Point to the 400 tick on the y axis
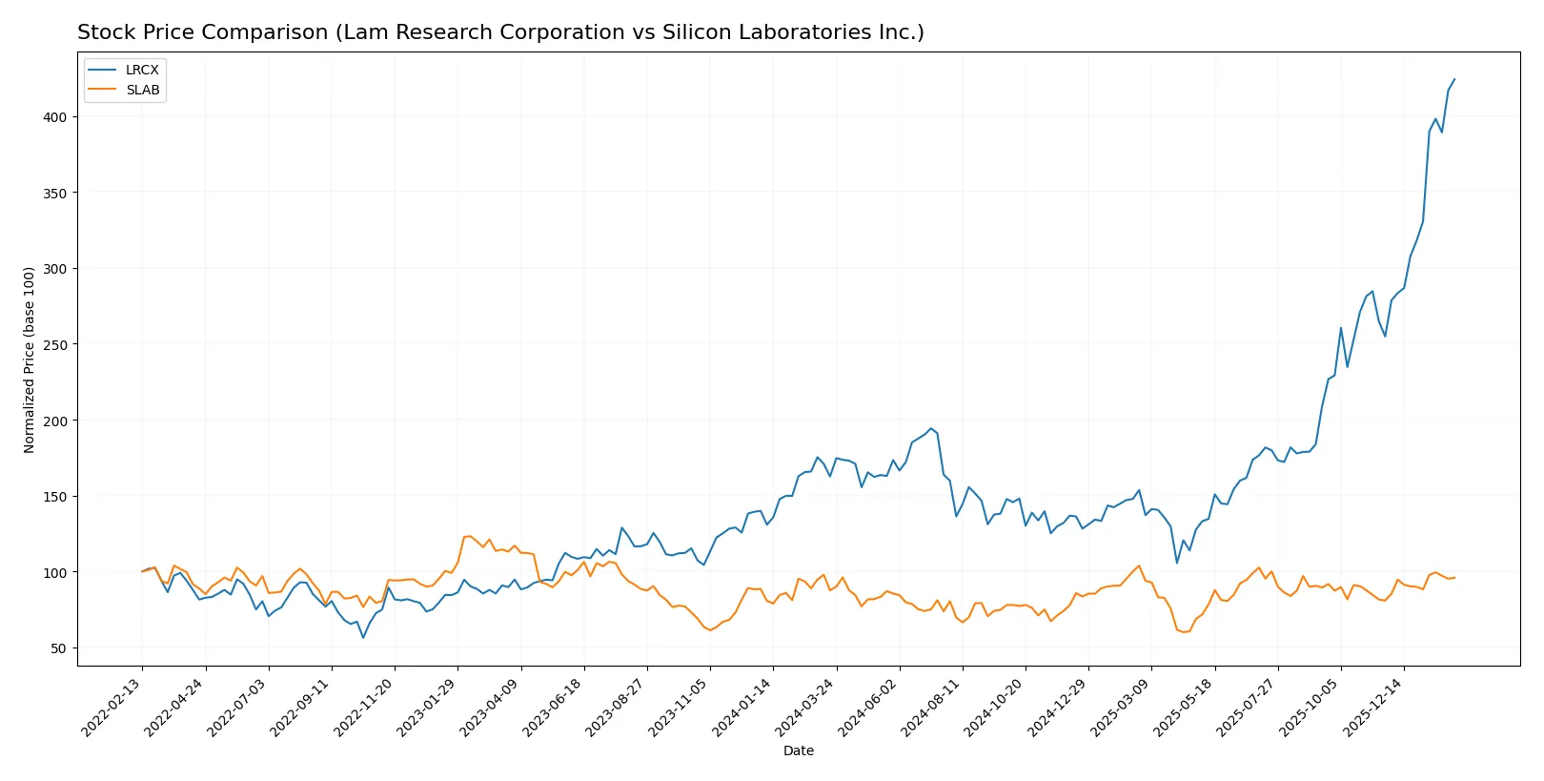pyautogui.click(x=54, y=117)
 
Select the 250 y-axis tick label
pyautogui.click(x=54, y=345)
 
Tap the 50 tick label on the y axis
pyautogui.click(x=58, y=648)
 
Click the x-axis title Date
pyautogui.click(x=798, y=751)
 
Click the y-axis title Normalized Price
pyautogui.click(x=30, y=360)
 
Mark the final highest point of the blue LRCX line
pyautogui.click(x=1454, y=79)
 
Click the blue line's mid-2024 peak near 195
pyautogui.click(x=931, y=428)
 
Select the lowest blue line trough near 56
pyautogui.click(x=363, y=638)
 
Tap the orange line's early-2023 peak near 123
pyautogui.click(x=468, y=536)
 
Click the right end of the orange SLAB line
pyautogui.click(x=1454, y=577)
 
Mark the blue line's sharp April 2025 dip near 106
pyautogui.click(x=1177, y=563)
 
